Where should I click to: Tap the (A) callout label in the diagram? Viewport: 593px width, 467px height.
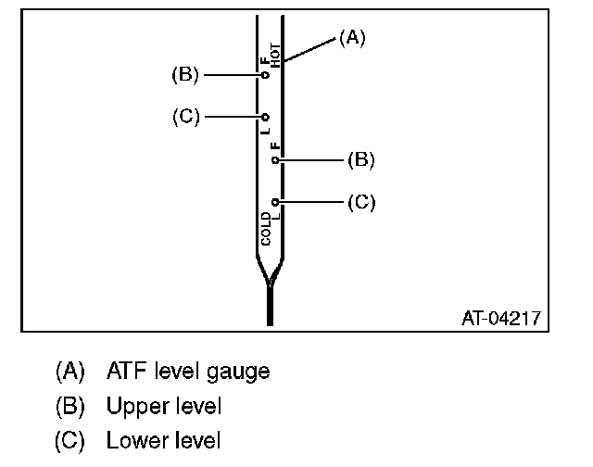352,37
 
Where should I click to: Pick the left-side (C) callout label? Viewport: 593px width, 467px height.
185,117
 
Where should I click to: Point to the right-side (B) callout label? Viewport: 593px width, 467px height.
360,159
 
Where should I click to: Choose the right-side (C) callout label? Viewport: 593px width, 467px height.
360,201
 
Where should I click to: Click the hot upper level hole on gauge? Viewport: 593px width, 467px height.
265,75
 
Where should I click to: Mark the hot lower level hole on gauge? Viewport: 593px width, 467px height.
265,118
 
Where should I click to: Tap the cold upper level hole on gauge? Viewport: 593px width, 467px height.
275,159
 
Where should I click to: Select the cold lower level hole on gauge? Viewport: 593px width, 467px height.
275,201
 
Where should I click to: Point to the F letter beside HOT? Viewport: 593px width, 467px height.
265,61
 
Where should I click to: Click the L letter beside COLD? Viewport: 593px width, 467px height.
276,216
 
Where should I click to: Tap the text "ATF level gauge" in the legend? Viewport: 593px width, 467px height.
188,372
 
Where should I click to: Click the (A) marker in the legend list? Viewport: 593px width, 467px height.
70,372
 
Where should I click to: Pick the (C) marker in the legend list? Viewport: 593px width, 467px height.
70,440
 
